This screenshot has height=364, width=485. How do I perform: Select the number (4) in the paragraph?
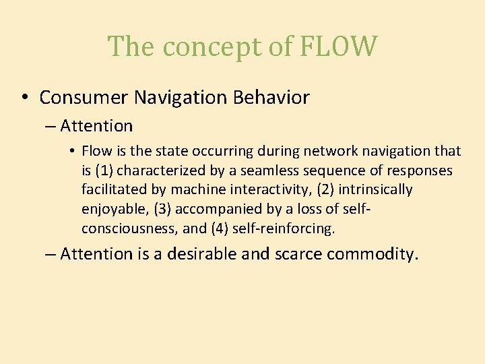pos(222,229)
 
